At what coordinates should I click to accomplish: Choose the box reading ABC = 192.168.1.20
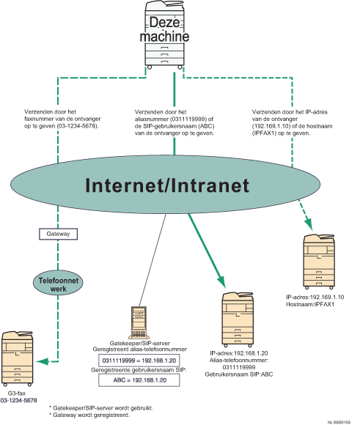[x=137, y=382]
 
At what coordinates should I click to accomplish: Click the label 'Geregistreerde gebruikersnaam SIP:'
[x=137, y=372]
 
